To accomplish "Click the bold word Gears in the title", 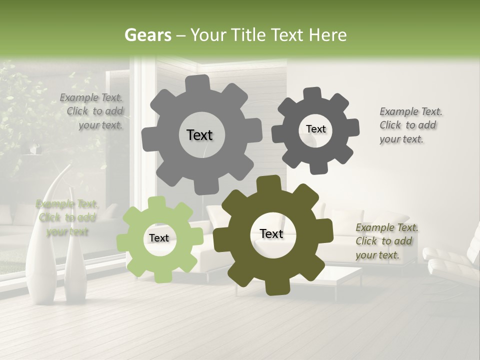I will click(147, 35).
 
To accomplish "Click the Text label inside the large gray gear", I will click(199, 135).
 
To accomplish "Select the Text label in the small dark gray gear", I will click(315, 129).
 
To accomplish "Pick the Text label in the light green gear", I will click(158, 238).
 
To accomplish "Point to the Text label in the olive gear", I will click(271, 233).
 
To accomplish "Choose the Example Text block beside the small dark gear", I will click(410, 125).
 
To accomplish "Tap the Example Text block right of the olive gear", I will click(386, 241).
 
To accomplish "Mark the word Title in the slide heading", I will click(249, 35).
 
